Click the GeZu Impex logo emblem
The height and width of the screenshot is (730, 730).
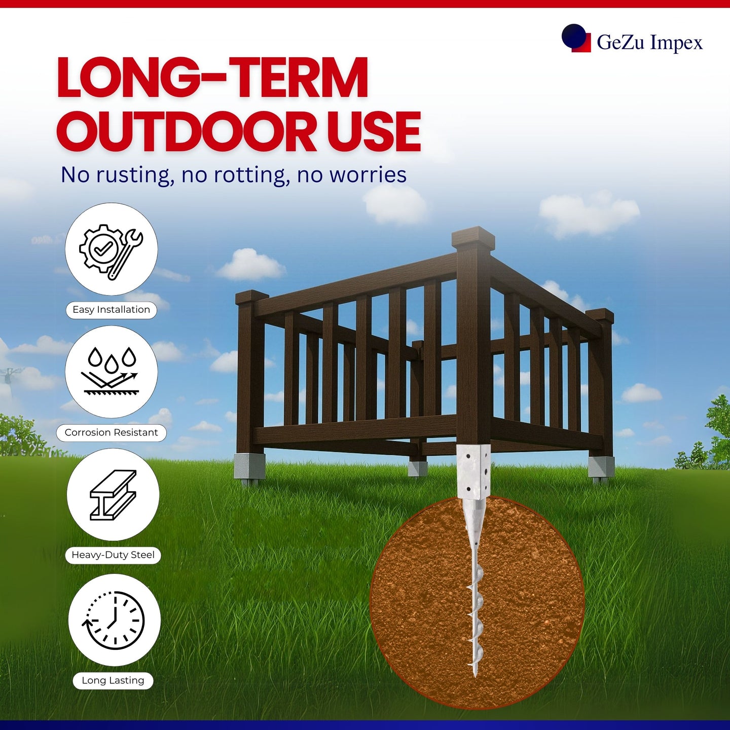tap(576, 38)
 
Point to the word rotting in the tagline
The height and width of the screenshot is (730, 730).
tap(251, 175)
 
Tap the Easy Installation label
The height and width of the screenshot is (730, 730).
tap(112, 310)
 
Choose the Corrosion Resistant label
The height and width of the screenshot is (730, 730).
tap(112, 432)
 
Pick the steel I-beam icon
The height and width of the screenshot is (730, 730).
tap(113, 494)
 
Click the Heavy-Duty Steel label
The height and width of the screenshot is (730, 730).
tap(113, 555)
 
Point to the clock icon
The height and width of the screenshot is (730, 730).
tap(113, 620)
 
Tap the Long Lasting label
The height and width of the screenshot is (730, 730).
tap(113, 680)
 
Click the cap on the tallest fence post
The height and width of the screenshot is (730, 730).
tap(473, 237)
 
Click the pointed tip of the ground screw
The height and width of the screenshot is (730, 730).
tap(475, 675)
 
